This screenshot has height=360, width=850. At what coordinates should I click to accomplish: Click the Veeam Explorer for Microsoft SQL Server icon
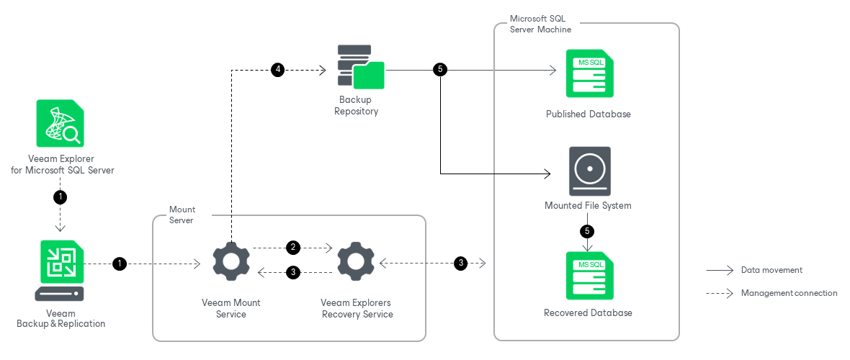click(61, 124)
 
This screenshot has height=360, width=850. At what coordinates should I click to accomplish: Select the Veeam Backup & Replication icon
click(61, 270)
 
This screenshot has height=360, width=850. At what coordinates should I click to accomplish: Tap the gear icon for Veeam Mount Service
click(231, 264)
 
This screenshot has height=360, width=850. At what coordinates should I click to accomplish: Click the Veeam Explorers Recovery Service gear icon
click(357, 264)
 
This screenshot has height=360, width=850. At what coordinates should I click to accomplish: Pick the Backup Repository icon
click(361, 70)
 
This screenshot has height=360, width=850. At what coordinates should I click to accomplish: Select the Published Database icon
click(589, 73)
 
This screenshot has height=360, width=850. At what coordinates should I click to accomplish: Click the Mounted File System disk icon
click(589, 171)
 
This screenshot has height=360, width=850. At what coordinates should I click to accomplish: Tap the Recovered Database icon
click(589, 276)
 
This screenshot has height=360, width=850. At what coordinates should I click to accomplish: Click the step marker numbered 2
click(292, 248)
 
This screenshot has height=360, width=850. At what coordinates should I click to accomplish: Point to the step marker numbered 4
click(277, 70)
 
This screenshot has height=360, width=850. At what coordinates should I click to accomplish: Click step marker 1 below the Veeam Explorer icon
click(61, 196)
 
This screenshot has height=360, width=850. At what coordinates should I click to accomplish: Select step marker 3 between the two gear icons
click(292, 272)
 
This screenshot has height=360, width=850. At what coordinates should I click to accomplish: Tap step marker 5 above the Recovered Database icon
click(588, 232)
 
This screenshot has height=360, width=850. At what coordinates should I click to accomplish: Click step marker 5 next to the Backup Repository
click(440, 70)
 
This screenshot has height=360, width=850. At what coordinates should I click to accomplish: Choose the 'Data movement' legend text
click(771, 270)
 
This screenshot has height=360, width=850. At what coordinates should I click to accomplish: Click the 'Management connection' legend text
click(789, 293)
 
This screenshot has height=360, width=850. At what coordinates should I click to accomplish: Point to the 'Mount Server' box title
click(182, 215)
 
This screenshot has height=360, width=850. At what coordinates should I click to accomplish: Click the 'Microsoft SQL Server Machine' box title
click(540, 24)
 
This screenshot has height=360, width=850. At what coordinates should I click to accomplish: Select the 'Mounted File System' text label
click(588, 206)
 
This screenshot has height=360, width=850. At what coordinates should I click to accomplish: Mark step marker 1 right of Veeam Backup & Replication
click(120, 264)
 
